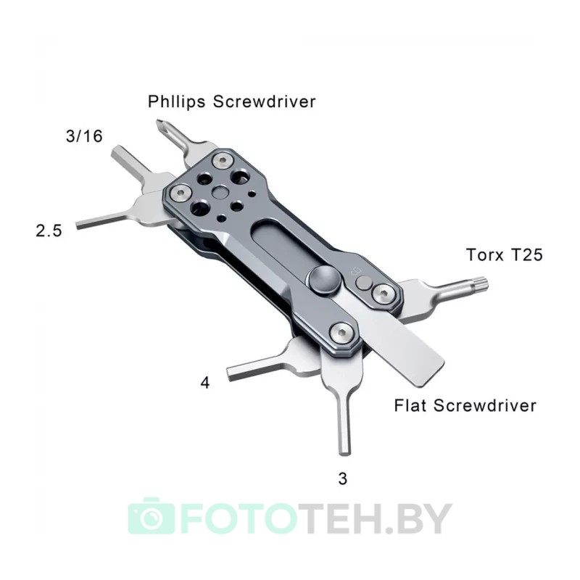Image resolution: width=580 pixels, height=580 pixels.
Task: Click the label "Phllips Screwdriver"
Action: coord(231,101)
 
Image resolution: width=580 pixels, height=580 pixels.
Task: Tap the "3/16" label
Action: coord(84,136)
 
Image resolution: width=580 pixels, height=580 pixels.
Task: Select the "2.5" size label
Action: coord(49,231)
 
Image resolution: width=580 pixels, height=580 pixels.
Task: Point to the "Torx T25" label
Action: coord(504,255)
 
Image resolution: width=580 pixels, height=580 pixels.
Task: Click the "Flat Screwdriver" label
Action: coord(465,405)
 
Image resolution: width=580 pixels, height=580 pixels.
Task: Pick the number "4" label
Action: coord(205,383)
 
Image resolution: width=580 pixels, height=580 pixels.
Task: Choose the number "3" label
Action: coord(342,478)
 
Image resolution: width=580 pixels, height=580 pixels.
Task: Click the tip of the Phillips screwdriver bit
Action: coord(158,123)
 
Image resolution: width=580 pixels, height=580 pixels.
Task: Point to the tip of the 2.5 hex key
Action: coord(78,225)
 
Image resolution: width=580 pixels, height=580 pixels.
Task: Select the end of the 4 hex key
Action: coord(229,373)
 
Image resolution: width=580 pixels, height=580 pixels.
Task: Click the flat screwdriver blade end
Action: coord(429,374)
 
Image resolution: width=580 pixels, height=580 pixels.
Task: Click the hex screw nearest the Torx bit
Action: coord(383,294)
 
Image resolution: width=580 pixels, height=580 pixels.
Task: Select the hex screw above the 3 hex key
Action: coord(341,333)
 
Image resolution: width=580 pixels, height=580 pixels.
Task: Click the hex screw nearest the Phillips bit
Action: coord(223,161)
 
